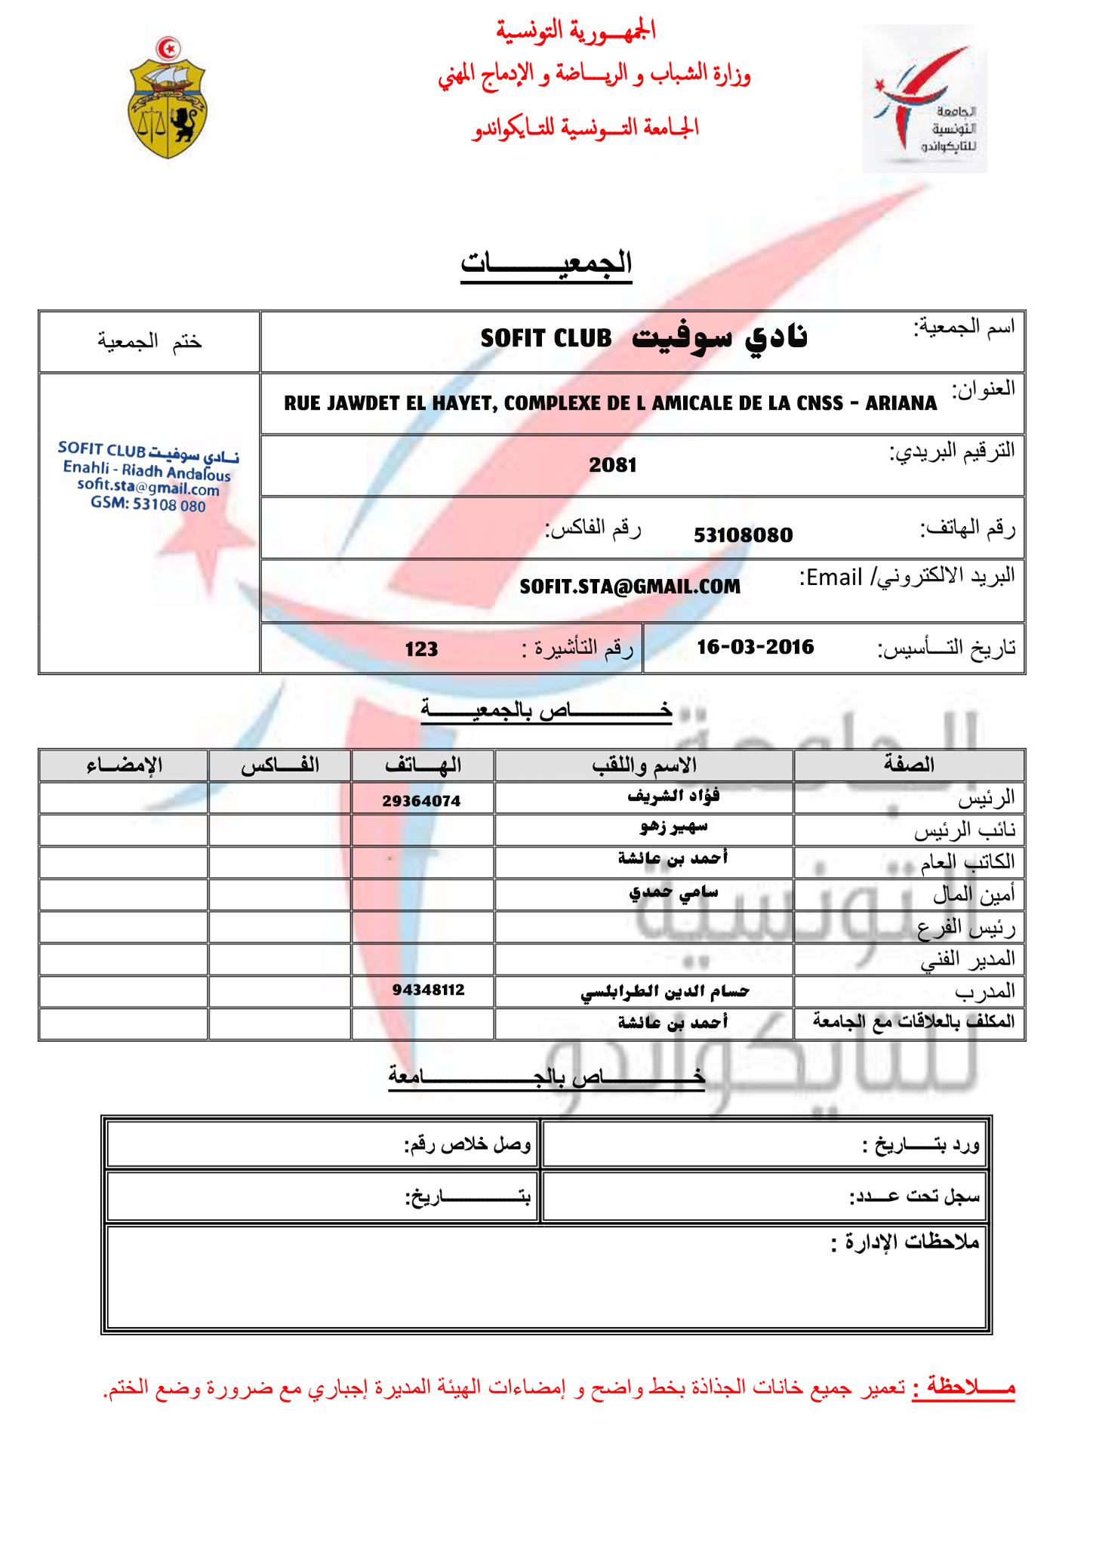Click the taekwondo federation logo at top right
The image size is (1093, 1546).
tap(925, 99)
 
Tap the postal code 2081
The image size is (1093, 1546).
tap(613, 465)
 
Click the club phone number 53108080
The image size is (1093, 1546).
tap(743, 535)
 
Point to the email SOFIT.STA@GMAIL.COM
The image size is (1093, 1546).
tap(630, 587)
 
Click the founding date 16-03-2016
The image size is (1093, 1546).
tap(755, 647)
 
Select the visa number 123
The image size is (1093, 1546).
tap(421, 649)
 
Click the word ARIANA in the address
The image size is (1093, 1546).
tap(901, 403)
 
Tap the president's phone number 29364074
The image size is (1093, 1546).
tap(421, 801)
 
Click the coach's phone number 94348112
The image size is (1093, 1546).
tap(428, 990)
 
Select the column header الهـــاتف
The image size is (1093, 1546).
tap(423, 765)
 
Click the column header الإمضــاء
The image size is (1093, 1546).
tap(124, 765)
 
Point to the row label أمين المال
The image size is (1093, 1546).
tap(974, 895)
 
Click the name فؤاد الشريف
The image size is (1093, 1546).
tap(673, 796)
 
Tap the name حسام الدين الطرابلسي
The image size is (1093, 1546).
tap(664, 991)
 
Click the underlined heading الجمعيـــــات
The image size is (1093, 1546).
tap(546, 263)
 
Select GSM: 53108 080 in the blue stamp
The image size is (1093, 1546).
tap(148, 504)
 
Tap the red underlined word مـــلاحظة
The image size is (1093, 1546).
tap(963, 1387)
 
